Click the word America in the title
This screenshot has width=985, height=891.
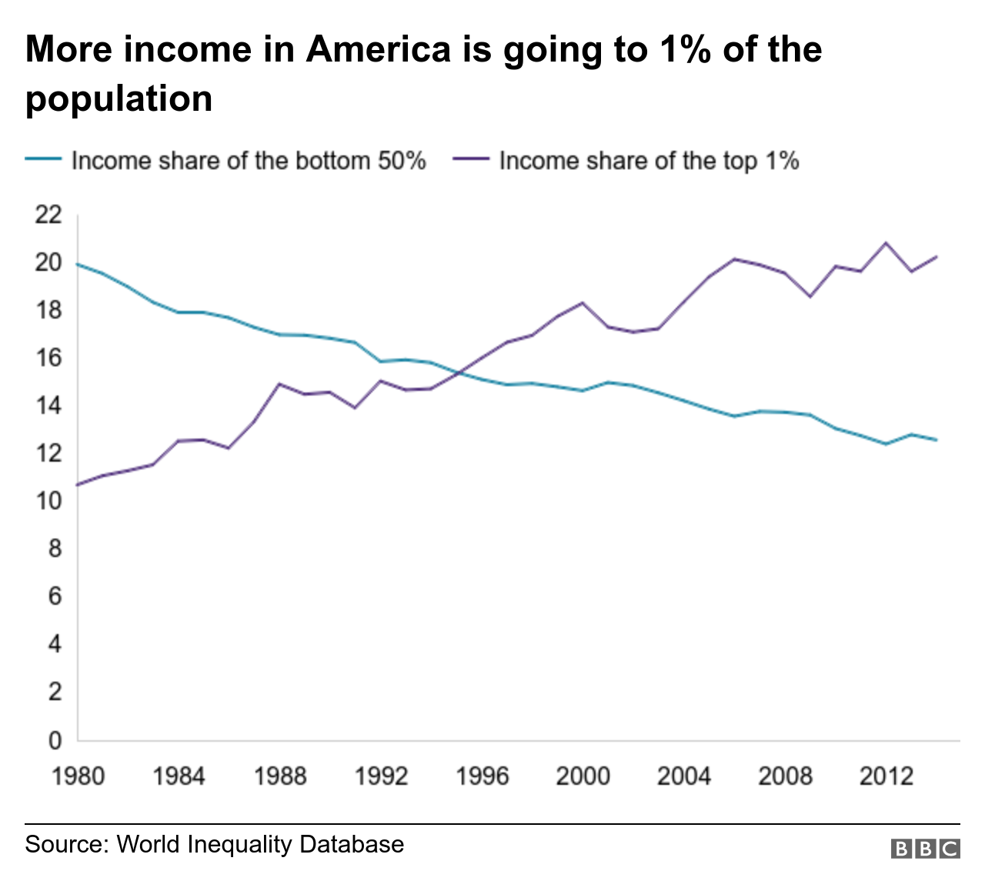[x=378, y=49]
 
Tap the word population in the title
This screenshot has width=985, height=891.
[x=119, y=99]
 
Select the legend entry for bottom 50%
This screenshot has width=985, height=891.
[x=248, y=161]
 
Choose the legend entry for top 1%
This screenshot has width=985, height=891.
[x=649, y=161]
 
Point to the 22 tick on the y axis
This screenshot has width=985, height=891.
[x=48, y=215]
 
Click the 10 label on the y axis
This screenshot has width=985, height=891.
[x=48, y=502]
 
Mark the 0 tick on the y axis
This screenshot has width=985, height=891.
[x=55, y=740]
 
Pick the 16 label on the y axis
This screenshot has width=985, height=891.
[x=48, y=359]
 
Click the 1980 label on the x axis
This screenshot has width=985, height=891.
[x=78, y=776]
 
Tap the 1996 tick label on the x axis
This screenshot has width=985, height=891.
[x=482, y=776]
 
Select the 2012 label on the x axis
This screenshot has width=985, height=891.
[x=886, y=776]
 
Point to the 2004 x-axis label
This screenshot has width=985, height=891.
[x=683, y=776]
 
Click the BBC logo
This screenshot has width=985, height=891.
[x=926, y=848]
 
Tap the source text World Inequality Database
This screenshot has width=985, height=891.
[x=260, y=844]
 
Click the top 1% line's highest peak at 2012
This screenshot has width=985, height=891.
[x=886, y=243]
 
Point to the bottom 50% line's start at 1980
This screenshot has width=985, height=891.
[x=78, y=264]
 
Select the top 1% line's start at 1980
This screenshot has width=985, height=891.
[x=78, y=485]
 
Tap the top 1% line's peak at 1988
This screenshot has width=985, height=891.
[x=279, y=383]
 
